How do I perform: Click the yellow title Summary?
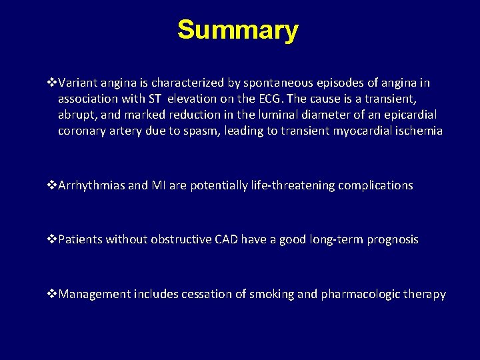click(x=238, y=31)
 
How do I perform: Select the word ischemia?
click(x=417, y=131)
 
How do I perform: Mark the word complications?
click(x=375, y=185)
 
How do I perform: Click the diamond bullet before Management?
click(x=53, y=294)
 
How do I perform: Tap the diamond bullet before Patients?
click(x=53, y=239)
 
